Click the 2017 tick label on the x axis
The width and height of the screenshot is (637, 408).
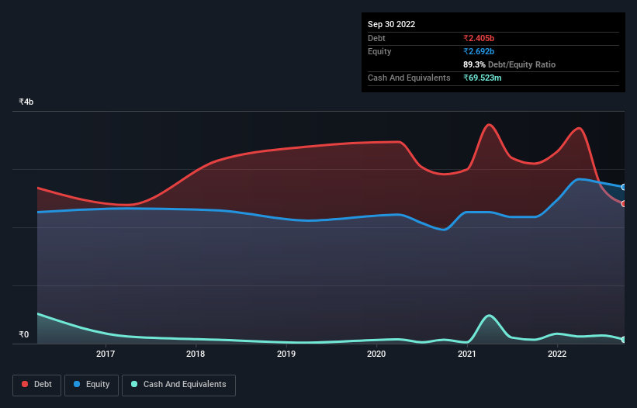(106, 354)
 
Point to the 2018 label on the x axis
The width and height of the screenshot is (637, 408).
(196, 354)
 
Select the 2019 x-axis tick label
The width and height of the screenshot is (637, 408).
(286, 354)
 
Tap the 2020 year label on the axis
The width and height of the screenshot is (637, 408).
(376, 354)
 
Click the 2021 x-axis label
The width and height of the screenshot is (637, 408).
(466, 354)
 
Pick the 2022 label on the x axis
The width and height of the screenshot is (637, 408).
(557, 354)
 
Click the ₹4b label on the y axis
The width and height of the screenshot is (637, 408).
(26, 102)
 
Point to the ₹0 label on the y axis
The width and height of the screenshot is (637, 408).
(23, 335)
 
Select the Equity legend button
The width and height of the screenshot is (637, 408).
(92, 384)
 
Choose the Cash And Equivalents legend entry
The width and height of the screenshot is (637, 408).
(178, 384)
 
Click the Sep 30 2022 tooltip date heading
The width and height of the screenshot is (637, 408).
(391, 24)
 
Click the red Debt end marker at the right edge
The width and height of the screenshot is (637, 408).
(624, 203)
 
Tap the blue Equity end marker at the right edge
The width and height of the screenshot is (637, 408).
(624, 187)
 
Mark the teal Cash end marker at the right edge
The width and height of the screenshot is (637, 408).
(624, 340)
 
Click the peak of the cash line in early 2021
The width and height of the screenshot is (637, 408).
(488, 316)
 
